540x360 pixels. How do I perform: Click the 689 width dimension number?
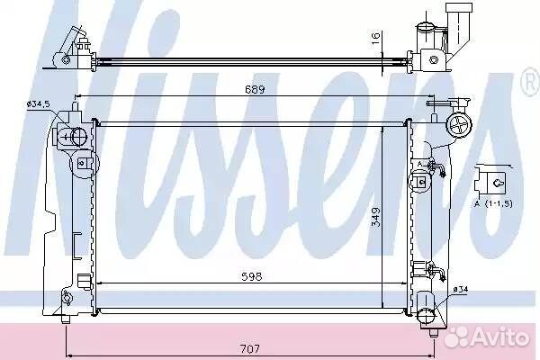pyautogui.click(x=255, y=89)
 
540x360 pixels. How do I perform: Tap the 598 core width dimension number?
pyautogui.click(x=252, y=276)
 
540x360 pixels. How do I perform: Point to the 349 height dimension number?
pyautogui.click(x=376, y=217)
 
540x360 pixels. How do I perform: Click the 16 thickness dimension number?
pyautogui.click(x=375, y=38)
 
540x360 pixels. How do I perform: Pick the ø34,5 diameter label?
pyautogui.click(x=40, y=103)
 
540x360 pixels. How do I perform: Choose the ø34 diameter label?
pyautogui.click(x=461, y=290)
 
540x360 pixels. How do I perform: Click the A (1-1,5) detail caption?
pyautogui.click(x=493, y=203)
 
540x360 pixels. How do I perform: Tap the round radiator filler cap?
pyautogui.click(x=459, y=126)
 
